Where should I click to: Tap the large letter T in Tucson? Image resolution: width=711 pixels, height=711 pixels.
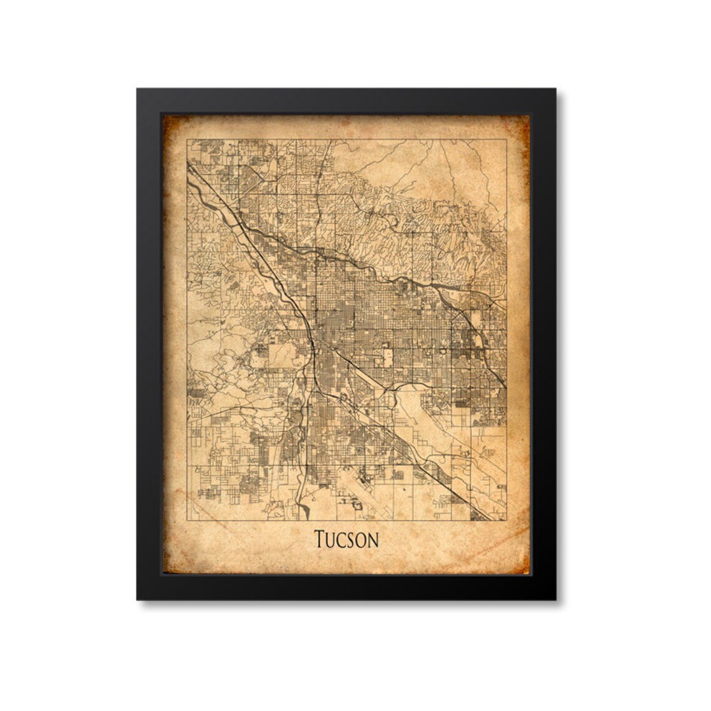(x=321, y=539)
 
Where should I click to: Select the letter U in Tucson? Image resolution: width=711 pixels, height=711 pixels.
(x=332, y=540)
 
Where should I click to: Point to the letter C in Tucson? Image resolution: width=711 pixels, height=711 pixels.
(x=344, y=540)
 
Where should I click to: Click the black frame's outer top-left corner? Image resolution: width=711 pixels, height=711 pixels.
(x=137, y=89)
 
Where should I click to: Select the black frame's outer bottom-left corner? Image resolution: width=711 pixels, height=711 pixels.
(x=137, y=600)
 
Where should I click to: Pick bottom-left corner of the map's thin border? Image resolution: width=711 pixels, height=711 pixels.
(x=188, y=520)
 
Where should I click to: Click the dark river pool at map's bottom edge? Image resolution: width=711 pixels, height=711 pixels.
(x=304, y=513)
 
